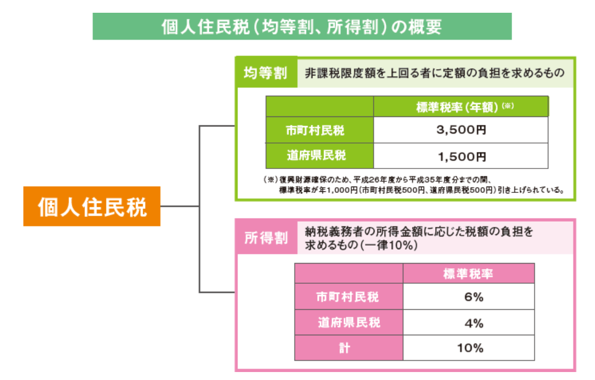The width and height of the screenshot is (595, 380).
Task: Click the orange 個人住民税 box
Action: click(x=92, y=206)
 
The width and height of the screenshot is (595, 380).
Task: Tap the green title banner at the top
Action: click(x=302, y=27)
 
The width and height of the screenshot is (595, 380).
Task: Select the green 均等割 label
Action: click(x=265, y=73)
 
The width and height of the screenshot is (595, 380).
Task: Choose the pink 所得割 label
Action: click(x=266, y=237)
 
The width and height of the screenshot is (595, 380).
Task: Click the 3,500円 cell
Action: click(x=461, y=130)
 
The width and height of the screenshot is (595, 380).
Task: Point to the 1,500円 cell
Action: click(x=461, y=156)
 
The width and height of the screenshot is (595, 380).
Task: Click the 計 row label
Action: click(x=348, y=348)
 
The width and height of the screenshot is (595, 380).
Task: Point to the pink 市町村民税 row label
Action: click(x=348, y=297)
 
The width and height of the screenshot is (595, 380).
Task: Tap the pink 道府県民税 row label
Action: click(x=348, y=323)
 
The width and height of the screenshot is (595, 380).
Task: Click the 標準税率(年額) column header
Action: click(x=461, y=106)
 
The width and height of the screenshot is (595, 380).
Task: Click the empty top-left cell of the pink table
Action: click(x=348, y=274)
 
